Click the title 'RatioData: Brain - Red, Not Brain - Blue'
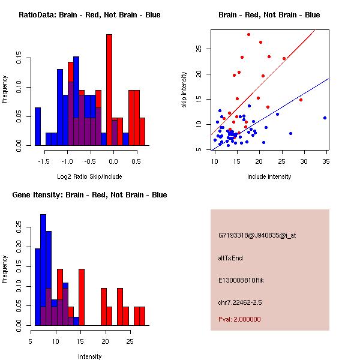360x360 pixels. [89, 15]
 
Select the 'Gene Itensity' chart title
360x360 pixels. [89, 195]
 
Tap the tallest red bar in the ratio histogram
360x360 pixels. [109, 90]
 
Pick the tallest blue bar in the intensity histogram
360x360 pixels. [43, 270]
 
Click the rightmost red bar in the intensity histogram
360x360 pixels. [142, 316]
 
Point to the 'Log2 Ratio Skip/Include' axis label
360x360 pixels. [89, 176]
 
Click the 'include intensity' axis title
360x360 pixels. [269, 176]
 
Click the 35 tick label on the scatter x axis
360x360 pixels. [325, 161]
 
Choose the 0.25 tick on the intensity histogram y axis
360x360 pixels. [20, 229]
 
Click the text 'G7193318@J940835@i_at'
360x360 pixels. [257, 235]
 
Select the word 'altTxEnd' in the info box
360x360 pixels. [230, 258]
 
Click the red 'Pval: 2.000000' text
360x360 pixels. [240, 319]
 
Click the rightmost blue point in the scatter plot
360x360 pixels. [325, 118]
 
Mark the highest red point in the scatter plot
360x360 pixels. [248, 34]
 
